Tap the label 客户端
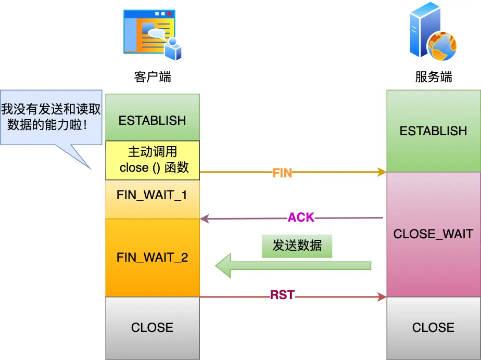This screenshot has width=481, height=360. (x=153, y=78)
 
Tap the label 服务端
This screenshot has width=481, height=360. (x=433, y=78)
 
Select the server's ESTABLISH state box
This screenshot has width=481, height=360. (x=433, y=131)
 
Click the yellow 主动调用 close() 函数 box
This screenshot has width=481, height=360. (x=152, y=160)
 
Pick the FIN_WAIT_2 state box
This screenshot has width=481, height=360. (x=152, y=258)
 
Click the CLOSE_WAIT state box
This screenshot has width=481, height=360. (x=433, y=234)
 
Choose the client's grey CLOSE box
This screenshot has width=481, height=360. (x=152, y=328)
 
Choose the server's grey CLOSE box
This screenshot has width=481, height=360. (x=433, y=328)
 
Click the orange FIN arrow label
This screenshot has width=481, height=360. (x=282, y=174)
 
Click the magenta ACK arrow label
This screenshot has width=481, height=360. (x=301, y=217)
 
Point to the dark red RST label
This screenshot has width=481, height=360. (x=282, y=295)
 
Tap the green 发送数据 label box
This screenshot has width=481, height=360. (x=297, y=246)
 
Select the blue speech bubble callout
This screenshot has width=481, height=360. (x=51, y=117)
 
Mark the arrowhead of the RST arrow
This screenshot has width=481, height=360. (x=382, y=297)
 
